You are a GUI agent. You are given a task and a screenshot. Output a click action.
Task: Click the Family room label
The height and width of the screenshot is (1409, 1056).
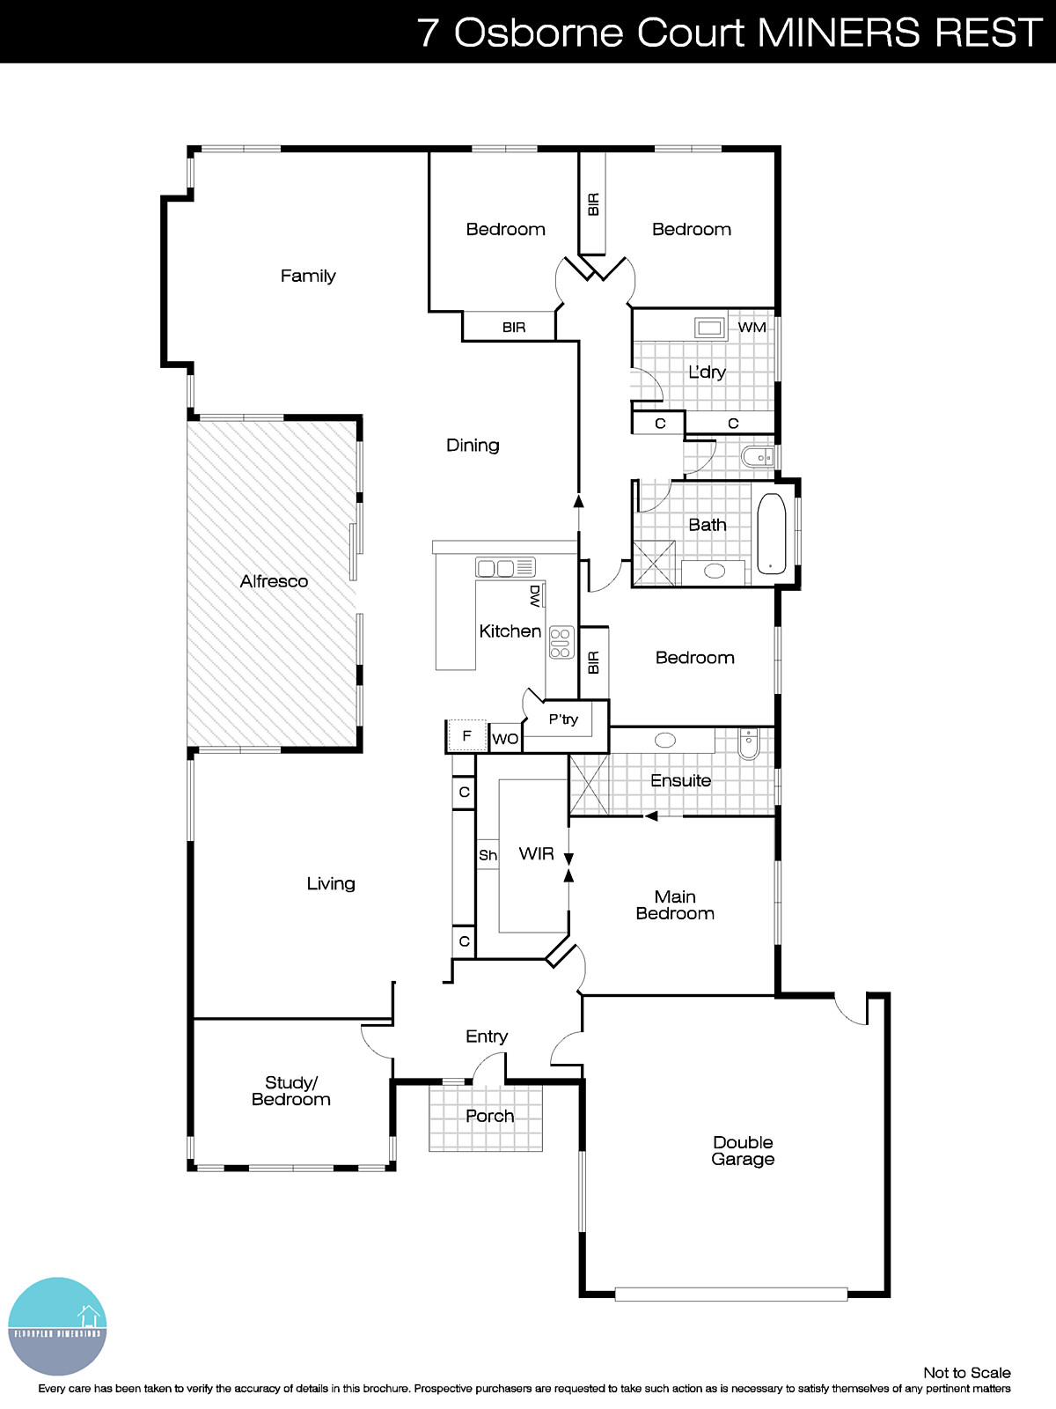coord(308,276)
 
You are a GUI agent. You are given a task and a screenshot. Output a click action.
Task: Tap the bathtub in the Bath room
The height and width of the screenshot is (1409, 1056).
coord(771,534)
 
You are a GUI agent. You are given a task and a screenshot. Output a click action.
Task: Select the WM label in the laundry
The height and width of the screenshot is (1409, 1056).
coord(752,328)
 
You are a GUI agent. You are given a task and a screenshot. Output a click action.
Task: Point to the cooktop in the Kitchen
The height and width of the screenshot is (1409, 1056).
coord(561,643)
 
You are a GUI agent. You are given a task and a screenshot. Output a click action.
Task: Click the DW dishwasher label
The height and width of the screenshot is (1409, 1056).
coord(535,597)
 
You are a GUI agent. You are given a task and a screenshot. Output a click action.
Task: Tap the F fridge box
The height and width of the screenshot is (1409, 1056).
coord(467,736)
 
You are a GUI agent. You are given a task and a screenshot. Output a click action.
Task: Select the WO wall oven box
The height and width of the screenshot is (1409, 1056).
coord(505,739)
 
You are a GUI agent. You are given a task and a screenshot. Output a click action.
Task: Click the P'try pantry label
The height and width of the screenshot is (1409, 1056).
coord(563,719)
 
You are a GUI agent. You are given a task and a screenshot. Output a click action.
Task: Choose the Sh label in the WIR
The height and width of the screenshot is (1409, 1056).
coord(488,855)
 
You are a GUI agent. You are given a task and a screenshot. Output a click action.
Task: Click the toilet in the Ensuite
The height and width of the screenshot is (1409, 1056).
coord(748,744)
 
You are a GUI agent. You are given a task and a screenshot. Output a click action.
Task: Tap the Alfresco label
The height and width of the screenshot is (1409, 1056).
coord(274,581)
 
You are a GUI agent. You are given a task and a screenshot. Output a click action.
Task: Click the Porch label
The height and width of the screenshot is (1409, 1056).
coord(489,1116)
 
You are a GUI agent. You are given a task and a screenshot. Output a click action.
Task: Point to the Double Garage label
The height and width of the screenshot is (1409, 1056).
coord(743,1151)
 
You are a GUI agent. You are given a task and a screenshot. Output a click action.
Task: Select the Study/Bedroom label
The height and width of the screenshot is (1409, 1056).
coord(291,1091)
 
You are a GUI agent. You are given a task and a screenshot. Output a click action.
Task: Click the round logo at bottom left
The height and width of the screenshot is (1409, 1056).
coord(58,1326)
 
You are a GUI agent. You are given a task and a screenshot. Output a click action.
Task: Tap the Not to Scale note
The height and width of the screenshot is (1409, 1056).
coord(966,1372)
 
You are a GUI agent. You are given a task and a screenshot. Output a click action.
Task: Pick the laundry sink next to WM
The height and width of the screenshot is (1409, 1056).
coord(709,328)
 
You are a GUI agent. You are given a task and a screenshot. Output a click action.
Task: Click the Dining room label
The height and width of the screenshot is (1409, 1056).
coord(473,446)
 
